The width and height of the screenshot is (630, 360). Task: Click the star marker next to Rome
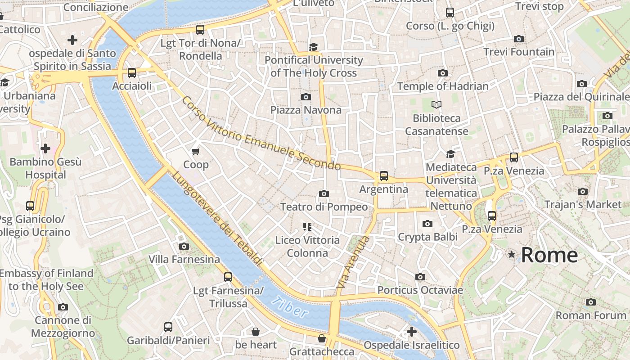[x=511, y=255]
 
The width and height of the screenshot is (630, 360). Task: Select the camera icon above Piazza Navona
[x=306, y=97]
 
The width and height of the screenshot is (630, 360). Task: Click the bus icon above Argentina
[x=383, y=176]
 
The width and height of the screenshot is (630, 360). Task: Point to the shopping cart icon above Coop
[x=196, y=152]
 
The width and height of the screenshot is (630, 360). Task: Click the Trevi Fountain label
[x=519, y=52]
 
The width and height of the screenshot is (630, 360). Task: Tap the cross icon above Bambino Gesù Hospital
[x=45, y=148]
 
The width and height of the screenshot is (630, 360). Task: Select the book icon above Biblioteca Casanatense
[x=436, y=105]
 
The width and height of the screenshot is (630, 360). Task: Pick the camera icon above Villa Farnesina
[x=184, y=246]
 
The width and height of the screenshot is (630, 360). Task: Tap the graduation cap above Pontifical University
[x=313, y=47]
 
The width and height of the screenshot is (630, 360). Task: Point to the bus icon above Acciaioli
[x=131, y=72]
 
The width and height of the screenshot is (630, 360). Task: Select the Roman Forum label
[x=591, y=315]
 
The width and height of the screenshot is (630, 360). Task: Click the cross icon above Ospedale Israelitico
[x=411, y=332]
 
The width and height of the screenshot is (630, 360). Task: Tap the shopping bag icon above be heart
[x=256, y=332]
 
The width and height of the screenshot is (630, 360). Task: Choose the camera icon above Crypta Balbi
[x=427, y=224]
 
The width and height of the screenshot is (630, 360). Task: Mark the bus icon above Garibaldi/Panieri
[x=168, y=327]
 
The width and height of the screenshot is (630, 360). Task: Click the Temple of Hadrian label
[x=442, y=86]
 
